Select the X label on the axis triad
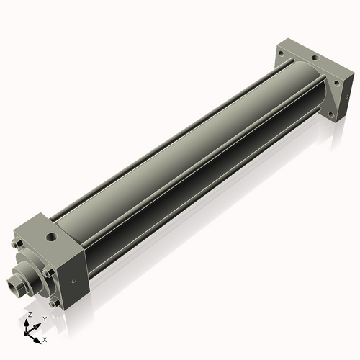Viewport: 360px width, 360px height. (x=45, y=338)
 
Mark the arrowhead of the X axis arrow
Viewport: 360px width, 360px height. (x=38, y=337)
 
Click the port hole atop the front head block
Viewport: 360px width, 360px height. (x=51, y=235)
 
